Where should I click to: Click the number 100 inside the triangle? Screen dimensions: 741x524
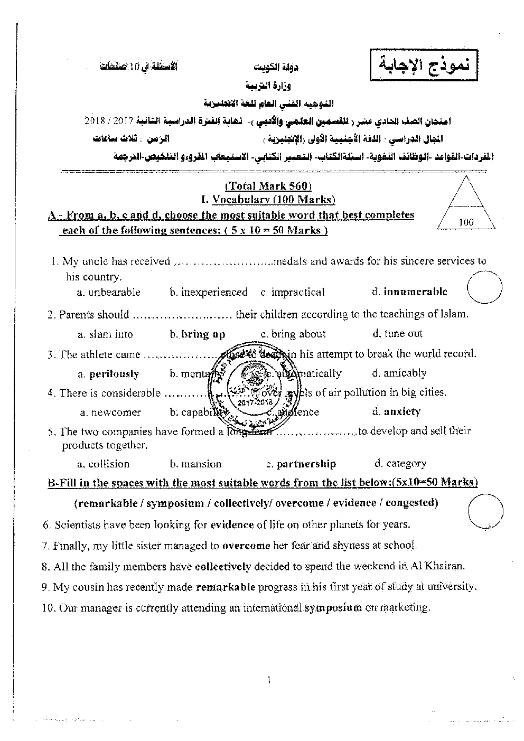pos(466,222)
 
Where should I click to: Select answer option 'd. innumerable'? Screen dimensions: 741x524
pos(409,292)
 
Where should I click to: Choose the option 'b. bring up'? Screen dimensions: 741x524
pos(198,334)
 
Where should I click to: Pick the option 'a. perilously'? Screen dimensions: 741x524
pos(108,374)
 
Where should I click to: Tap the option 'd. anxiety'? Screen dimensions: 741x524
pos(396,411)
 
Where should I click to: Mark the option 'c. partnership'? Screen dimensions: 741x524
pos(301,464)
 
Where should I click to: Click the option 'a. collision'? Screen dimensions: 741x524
pos(103,464)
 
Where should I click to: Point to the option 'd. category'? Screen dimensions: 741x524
pos(400,464)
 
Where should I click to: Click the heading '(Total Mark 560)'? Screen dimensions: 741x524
pos(268,186)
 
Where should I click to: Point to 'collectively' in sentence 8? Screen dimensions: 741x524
pos(222,566)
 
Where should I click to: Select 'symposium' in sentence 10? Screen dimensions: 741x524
pos(333,608)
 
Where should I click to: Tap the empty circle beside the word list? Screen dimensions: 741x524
pos(485,511)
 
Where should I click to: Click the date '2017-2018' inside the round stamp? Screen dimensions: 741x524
pos(255,402)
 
